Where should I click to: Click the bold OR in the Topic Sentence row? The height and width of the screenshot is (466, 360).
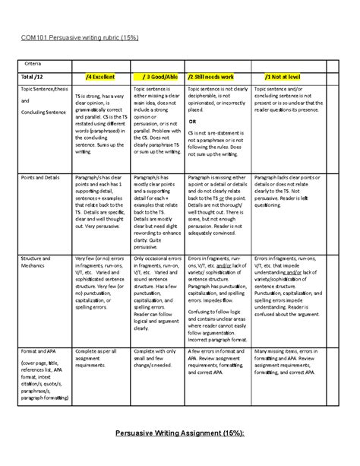tap(192, 122)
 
